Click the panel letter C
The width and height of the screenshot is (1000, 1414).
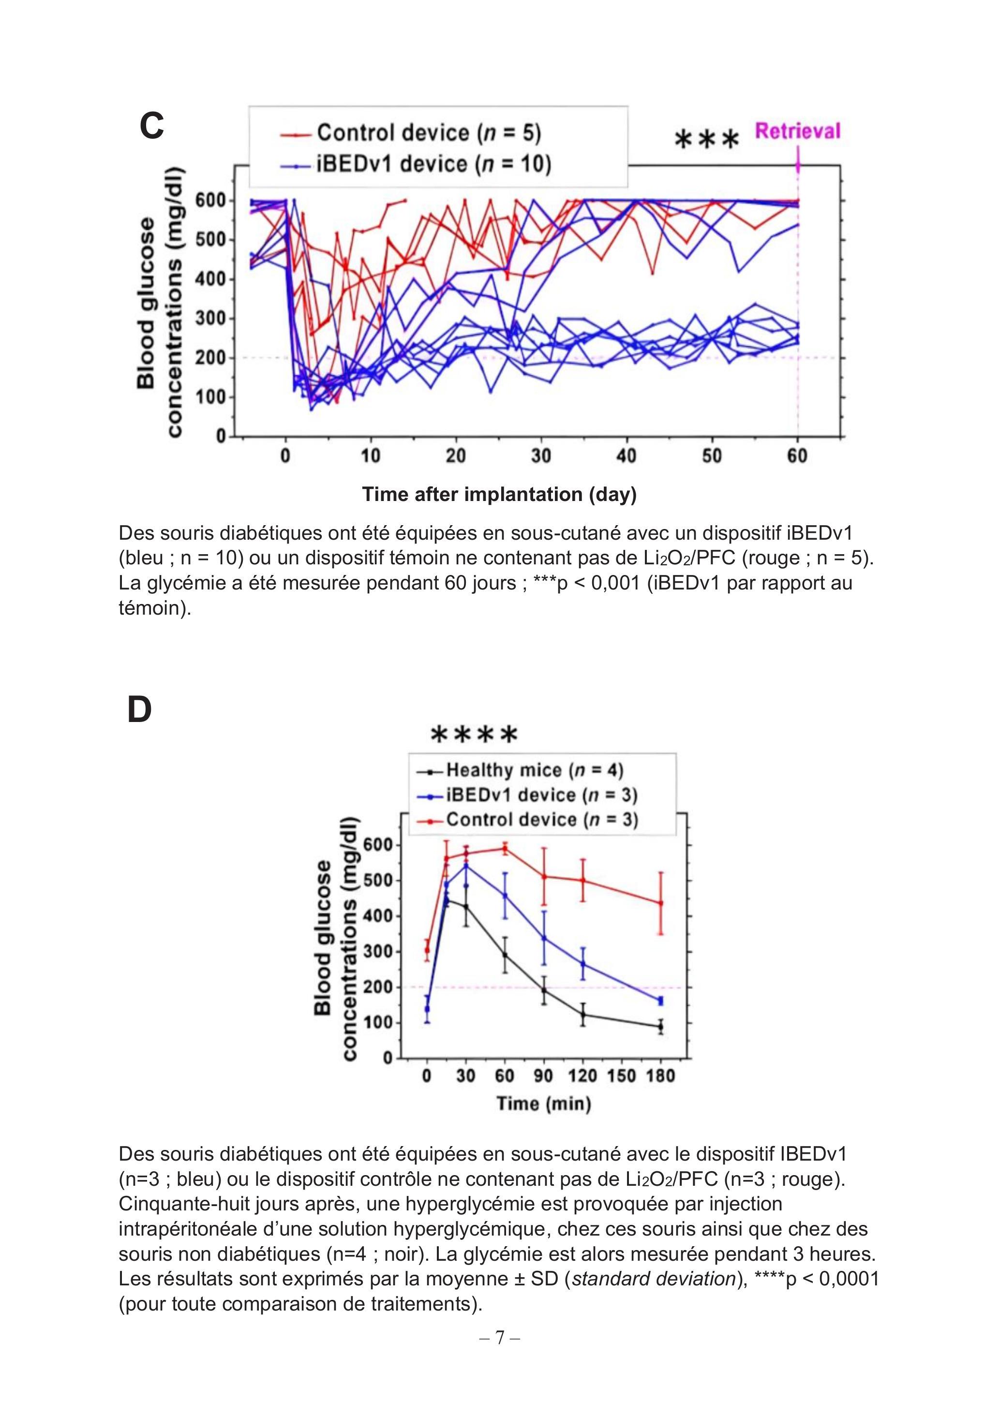coord(151,126)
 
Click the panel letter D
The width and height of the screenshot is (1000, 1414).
coord(139,709)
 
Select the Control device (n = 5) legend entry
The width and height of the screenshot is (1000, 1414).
coord(410,133)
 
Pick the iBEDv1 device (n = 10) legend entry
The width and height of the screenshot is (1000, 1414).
coord(415,164)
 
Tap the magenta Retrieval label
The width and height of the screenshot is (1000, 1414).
coord(797,131)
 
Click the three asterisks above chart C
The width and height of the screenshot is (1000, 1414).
coord(706,140)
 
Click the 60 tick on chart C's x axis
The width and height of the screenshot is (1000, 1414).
coord(797,457)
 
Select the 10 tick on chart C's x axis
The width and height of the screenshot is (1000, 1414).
coord(370,457)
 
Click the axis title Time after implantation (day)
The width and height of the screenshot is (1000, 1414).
coord(499,494)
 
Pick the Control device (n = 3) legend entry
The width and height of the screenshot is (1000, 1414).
coord(527,820)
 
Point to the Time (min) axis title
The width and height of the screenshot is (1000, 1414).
coord(544,1103)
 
